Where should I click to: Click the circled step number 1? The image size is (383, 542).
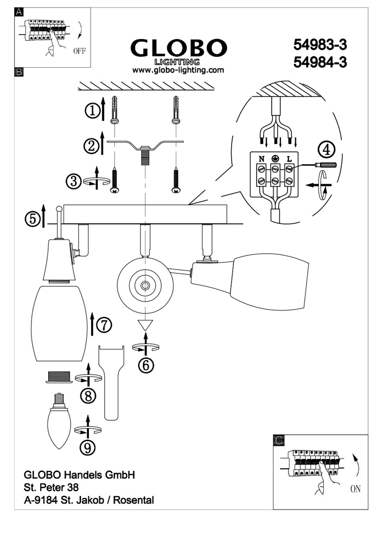coord(93,111)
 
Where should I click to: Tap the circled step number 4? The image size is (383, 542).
coord(326,148)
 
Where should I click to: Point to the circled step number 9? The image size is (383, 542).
coord(88,448)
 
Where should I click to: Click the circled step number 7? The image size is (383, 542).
coord(104,324)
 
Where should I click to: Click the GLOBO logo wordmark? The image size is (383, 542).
coord(178,48)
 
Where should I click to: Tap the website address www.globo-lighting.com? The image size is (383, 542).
coord(178,70)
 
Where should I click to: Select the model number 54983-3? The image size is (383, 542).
coord(319,44)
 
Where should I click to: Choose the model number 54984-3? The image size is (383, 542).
coord(319,63)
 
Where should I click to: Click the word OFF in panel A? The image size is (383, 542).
coord(79,52)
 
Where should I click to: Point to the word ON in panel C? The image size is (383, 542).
coord(355,489)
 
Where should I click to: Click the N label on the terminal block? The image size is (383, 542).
coord(261,159)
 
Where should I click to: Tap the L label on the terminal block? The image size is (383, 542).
coord(289,159)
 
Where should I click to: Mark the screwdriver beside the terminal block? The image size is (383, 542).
coord(324,165)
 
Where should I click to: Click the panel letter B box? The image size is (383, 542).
coord(19,72)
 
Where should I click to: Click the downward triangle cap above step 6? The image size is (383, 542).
coord(145,326)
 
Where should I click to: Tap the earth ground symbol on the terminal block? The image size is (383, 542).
coord(275,159)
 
